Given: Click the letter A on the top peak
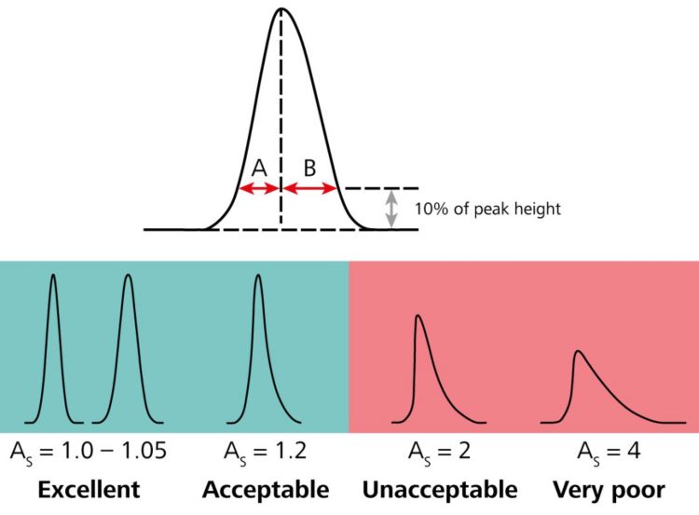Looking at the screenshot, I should pos(260,167).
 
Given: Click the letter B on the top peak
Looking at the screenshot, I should pos(309,167).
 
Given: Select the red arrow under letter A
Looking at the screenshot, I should pos(260,188).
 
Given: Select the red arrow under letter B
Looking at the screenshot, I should pos(309,188).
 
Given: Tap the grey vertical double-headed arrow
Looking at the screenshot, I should pos(392,209).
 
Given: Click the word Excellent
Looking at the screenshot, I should pos(90,489).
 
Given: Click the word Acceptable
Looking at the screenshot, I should pos(266,489).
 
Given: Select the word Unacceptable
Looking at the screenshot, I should pos(439,489).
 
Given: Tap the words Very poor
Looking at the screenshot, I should pos(609,489).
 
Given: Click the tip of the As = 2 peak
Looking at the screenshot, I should pos(418,317).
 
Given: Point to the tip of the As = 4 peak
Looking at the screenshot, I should pos(579,351).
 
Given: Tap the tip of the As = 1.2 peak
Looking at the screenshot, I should pos(258,275).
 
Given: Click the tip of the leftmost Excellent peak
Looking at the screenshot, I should pos(53,275).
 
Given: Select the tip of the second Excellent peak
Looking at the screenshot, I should pos(127,275).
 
